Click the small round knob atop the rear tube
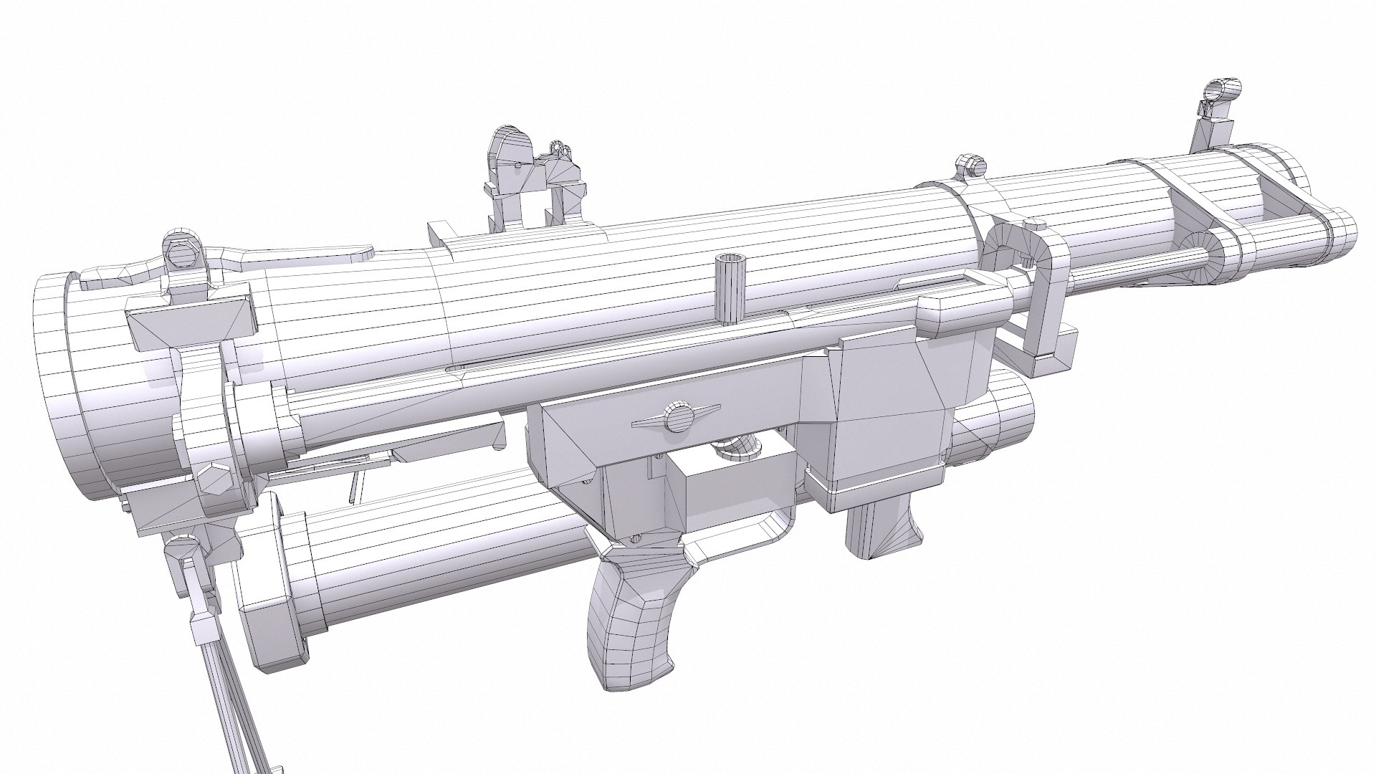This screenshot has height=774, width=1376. click(969, 165)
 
